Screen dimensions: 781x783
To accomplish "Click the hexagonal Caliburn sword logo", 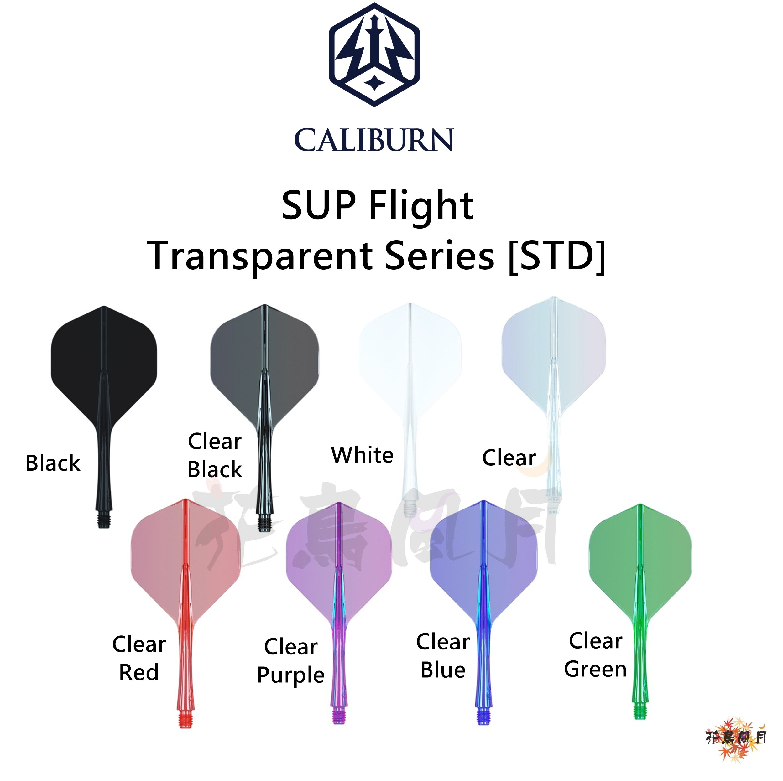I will (374, 55).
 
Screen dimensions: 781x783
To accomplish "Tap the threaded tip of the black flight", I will (104, 520).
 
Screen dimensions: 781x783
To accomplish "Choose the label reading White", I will (362, 455).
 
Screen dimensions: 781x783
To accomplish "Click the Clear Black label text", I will (215, 455).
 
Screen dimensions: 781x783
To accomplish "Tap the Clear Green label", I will (595, 655).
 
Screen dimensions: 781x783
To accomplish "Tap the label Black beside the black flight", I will (53, 463).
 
